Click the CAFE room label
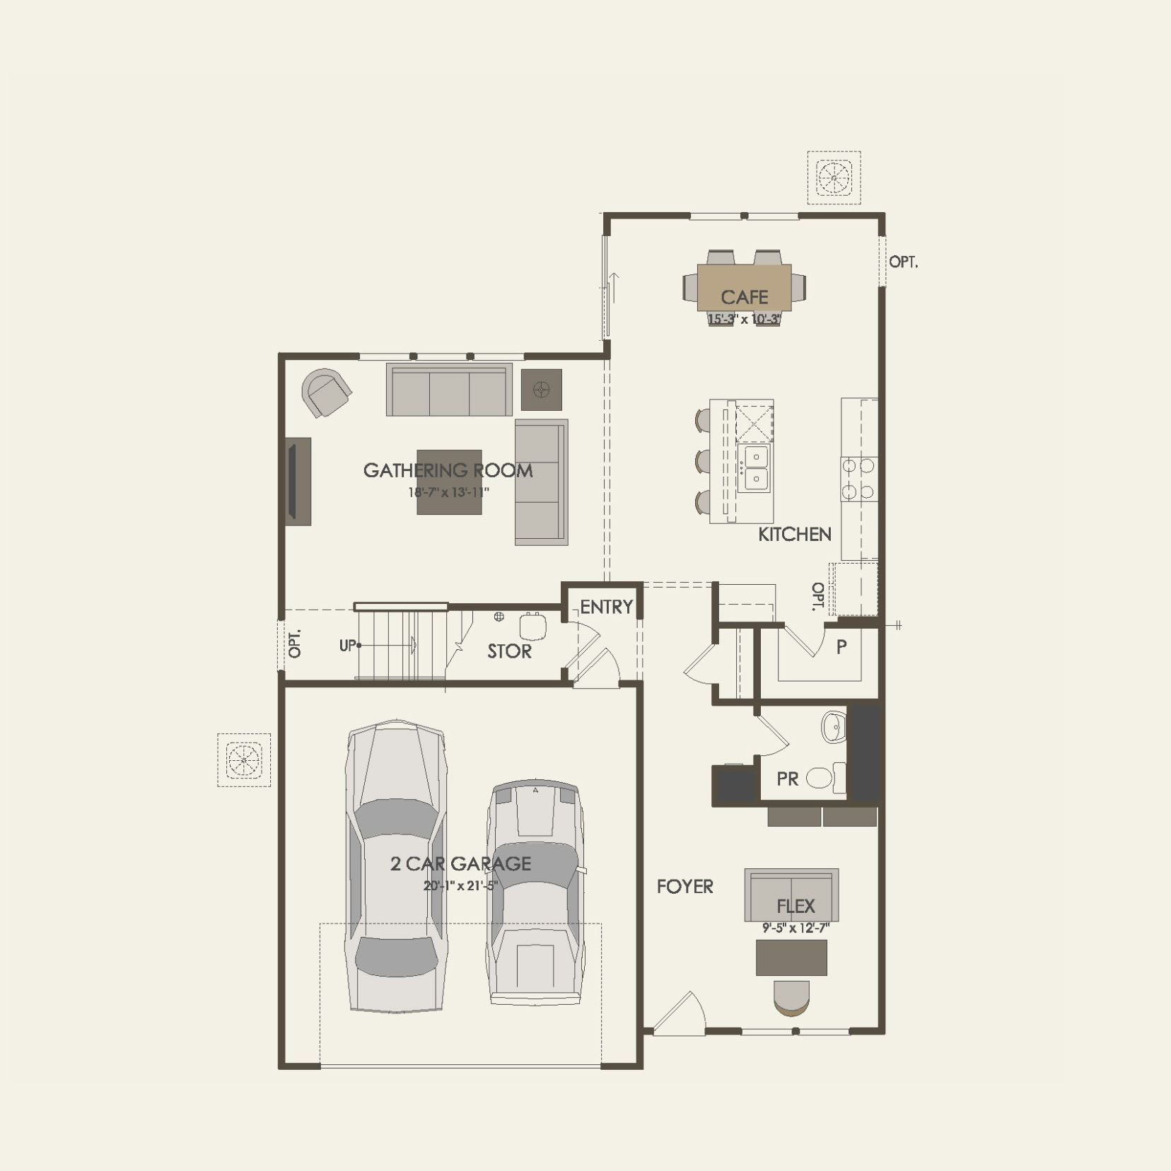(744, 297)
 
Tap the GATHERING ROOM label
(448, 470)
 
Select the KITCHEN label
(794, 535)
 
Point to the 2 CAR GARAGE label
(460, 863)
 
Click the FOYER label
(684, 887)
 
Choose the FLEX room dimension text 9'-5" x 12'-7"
(796, 928)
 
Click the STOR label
(509, 651)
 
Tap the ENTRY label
(606, 607)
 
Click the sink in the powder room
(834, 726)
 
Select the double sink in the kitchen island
(755, 468)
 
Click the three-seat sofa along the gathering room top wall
(449, 390)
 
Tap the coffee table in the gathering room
(449, 482)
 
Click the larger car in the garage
(396, 866)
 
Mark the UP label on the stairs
(347, 646)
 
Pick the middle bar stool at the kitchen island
(703, 461)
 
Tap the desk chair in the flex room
(791, 998)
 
